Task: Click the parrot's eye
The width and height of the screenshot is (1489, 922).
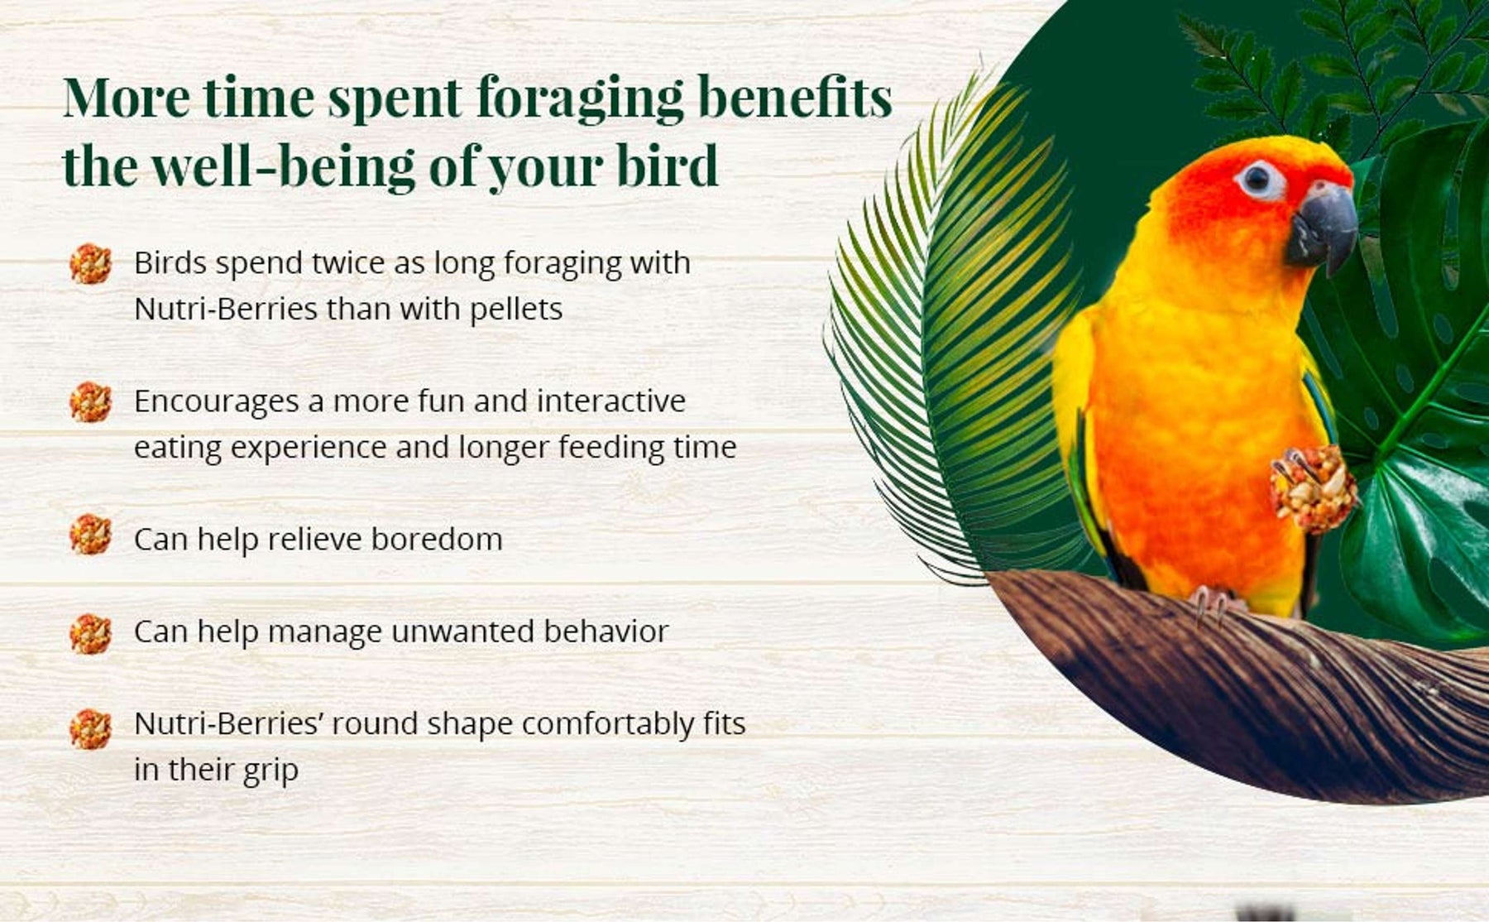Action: coord(1258,177)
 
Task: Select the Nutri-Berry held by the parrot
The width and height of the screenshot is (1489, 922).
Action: coord(1314,488)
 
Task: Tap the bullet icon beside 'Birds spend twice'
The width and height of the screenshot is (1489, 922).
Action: coord(90,264)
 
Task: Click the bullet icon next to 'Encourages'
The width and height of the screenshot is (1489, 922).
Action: coord(90,402)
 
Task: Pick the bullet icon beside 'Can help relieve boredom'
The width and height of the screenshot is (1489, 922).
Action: coord(90,534)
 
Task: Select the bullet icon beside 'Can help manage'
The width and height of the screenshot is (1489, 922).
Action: coord(90,634)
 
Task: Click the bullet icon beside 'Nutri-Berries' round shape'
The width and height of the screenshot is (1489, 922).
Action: coord(90,729)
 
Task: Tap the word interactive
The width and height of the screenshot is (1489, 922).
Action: coord(611,401)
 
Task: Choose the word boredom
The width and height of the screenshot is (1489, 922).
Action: coord(436,540)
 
